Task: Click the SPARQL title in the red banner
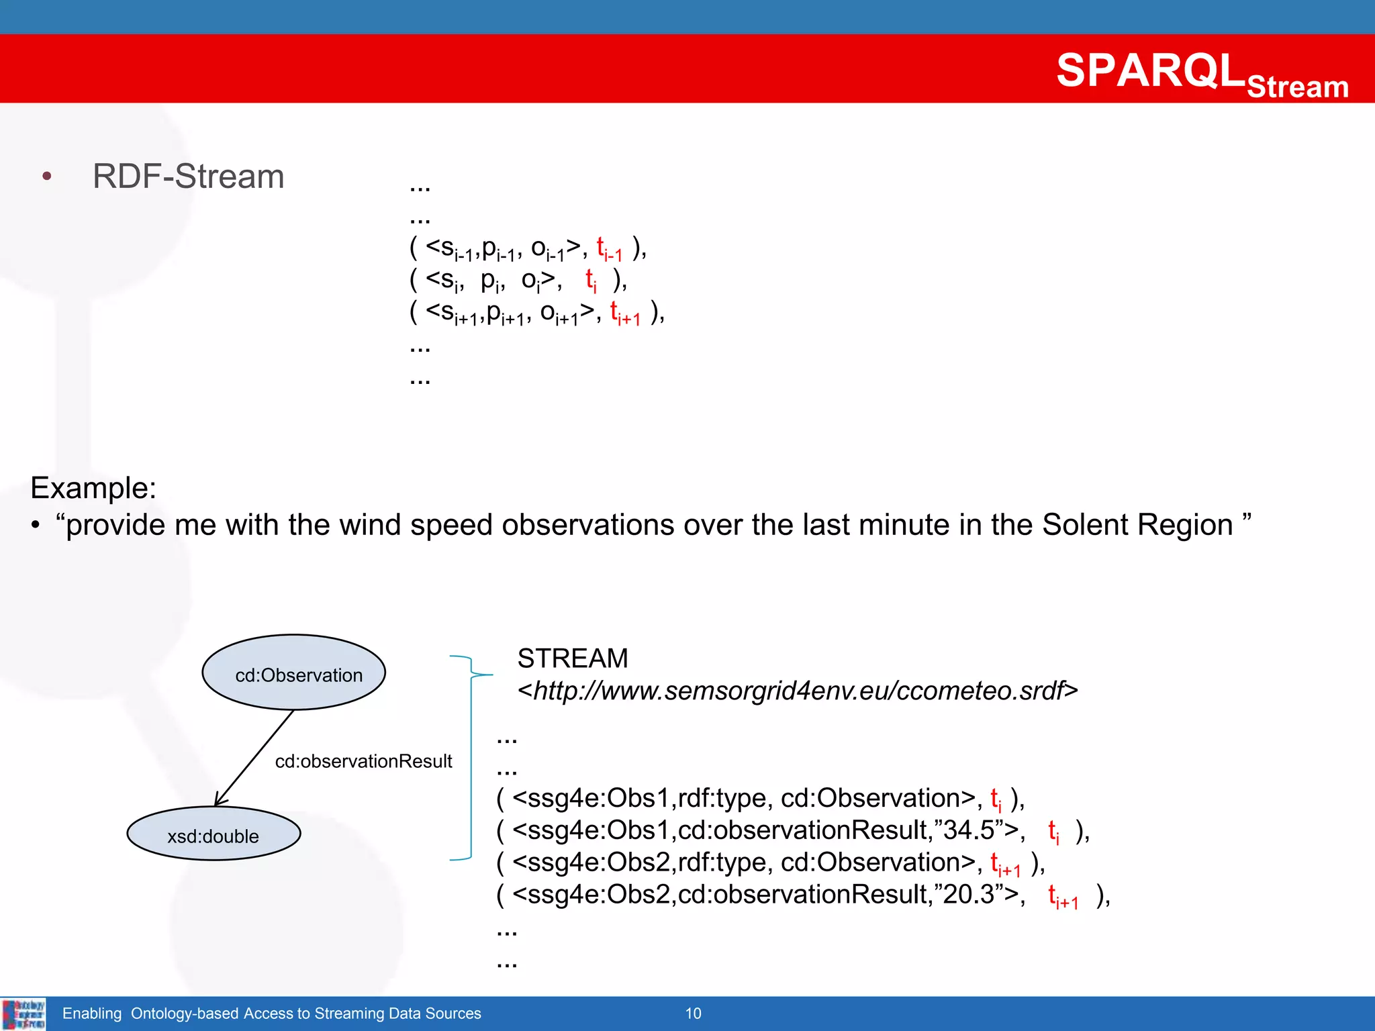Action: [x=1151, y=70]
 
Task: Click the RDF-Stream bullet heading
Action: [x=188, y=177]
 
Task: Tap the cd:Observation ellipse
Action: [x=294, y=673]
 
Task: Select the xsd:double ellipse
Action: [x=214, y=834]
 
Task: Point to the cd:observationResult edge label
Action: [x=363, y=761]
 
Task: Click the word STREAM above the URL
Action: [x=573, y=658]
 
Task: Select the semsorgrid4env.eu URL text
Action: [x=797, y=691]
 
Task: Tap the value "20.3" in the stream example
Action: [x=968, y=895]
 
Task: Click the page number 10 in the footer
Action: [x=693, y=1014]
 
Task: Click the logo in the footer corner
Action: [x=23, y=1014]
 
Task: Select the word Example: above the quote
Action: [x=93, y=488]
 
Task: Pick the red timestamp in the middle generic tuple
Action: [x=591, y=280]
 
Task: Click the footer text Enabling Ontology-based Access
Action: [x=271, y=1014]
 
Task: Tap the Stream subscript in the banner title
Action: [x=1297, y=87]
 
